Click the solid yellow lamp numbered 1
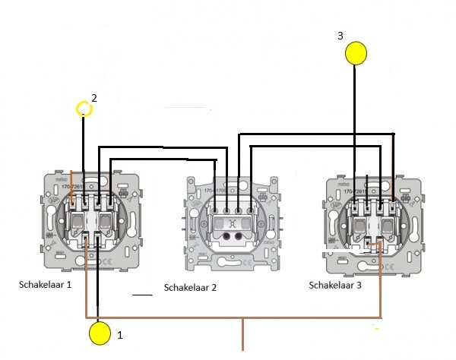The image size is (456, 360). pos(100,333)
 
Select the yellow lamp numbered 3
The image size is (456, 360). pos(356,53)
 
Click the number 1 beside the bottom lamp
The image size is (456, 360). pos(119,333)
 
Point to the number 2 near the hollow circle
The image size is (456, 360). pos(94,98)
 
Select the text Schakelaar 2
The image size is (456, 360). pos(191,288)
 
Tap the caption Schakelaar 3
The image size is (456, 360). pos(337,285)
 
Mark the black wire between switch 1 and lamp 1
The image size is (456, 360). pos(99,289)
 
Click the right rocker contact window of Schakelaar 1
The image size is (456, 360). pos(106,221)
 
